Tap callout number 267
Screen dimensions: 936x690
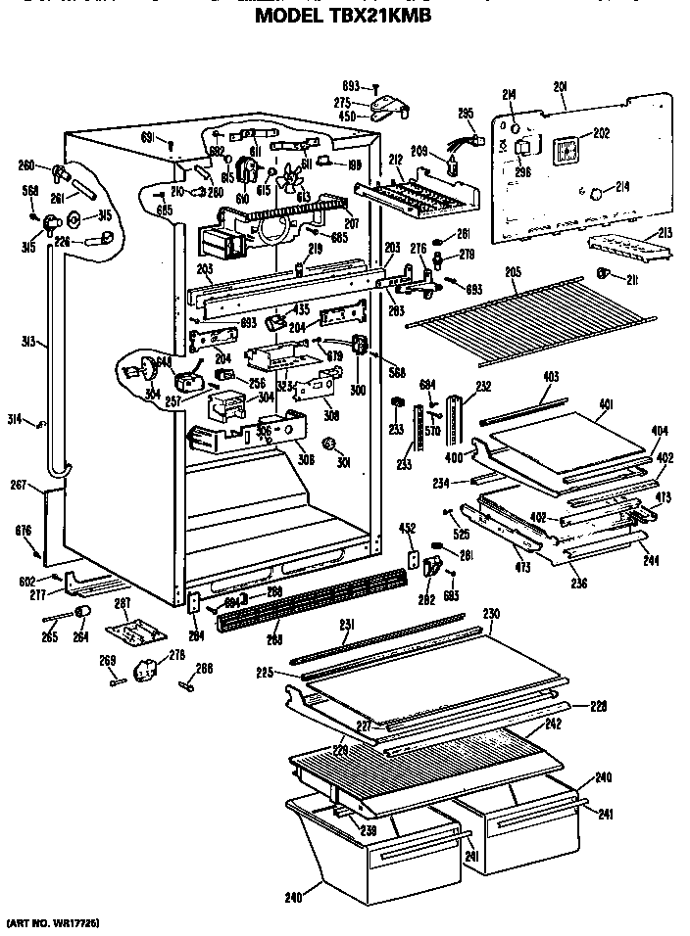tap(19, 483)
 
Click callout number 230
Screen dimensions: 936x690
tap(491, 614)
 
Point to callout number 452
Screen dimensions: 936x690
tap(407, 529)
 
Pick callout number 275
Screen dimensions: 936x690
tap(342, 101)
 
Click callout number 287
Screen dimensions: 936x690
tap(123, 602)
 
